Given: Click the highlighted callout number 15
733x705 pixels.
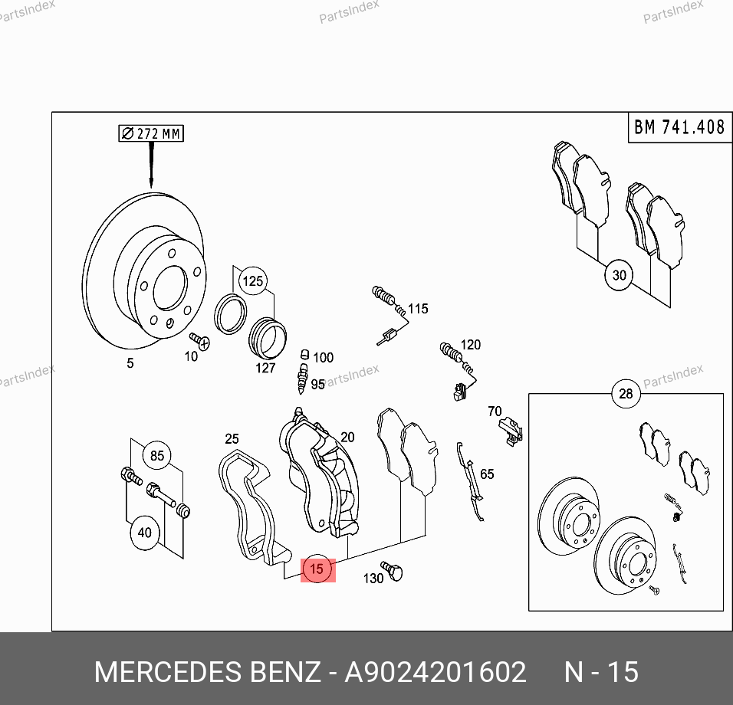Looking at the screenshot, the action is pos(317,569).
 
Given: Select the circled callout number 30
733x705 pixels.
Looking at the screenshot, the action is pos(619,275).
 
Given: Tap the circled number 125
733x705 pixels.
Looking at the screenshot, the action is pos(253,280).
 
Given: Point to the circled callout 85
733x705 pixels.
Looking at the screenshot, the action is pos(157,455).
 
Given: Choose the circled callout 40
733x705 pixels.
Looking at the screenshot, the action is pos(144,533).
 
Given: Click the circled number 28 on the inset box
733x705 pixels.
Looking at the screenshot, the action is pos(626,394).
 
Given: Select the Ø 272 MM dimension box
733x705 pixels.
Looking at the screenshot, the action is pos(151,133).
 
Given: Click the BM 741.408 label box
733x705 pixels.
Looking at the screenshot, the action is pos(679,127).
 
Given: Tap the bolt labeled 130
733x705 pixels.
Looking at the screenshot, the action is pos(392,570).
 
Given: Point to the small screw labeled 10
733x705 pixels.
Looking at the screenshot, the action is pos(199,340).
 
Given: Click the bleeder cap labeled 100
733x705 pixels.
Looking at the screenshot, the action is pos(305,355).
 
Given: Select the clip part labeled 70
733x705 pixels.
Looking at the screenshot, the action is pos(511,431).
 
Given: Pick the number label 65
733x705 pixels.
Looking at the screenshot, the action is pos(487,474).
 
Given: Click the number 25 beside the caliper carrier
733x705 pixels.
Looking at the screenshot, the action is pos(232,438).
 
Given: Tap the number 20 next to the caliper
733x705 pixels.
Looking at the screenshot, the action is pos(347,437).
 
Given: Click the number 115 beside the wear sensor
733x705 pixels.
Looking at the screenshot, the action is pos(418,308).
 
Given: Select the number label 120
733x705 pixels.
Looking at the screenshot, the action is pos(471,345).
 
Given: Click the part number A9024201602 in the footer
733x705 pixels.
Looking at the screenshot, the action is pos(436,672).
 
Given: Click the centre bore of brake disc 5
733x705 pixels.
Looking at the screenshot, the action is pos(170,288).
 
